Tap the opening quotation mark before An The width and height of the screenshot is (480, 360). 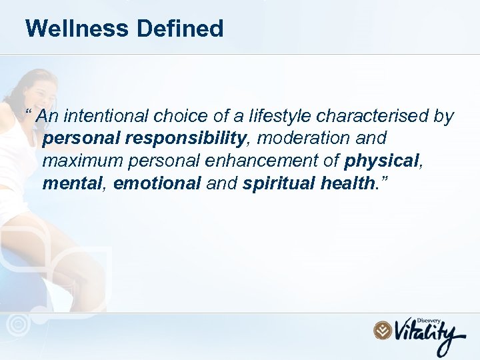[29, 113]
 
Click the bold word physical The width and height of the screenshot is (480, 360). [380, 161]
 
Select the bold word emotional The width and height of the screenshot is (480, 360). [157, 183]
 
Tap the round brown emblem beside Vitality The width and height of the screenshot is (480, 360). [382, 330]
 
